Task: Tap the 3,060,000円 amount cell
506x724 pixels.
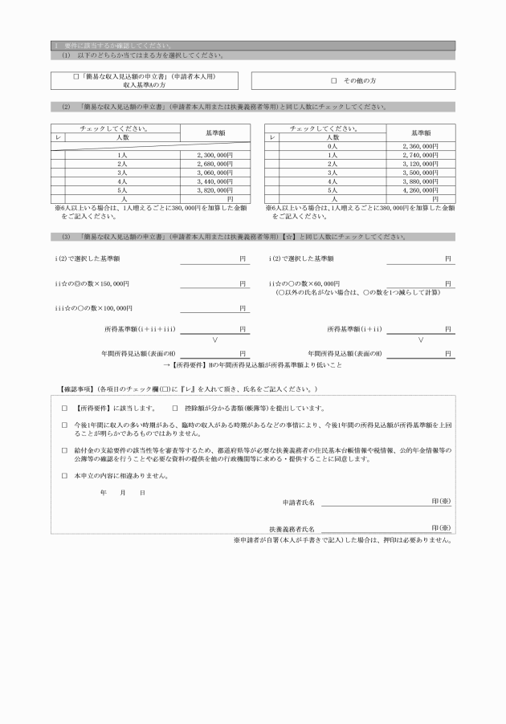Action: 214,173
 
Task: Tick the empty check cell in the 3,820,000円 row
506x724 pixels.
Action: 59,191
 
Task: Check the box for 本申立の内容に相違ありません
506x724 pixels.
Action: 64,476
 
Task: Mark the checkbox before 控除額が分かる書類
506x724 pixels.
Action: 175,408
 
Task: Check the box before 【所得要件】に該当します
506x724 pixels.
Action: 64,408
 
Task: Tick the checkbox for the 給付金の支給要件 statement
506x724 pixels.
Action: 64,450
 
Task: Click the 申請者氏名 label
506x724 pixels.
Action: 298,502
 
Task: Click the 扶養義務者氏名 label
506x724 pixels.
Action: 292,530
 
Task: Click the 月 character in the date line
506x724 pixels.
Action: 123,492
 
